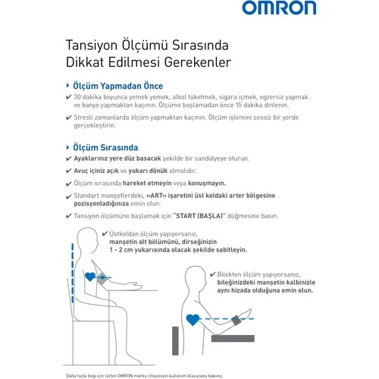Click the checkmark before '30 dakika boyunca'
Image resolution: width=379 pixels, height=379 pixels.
[x=69, y=99]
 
